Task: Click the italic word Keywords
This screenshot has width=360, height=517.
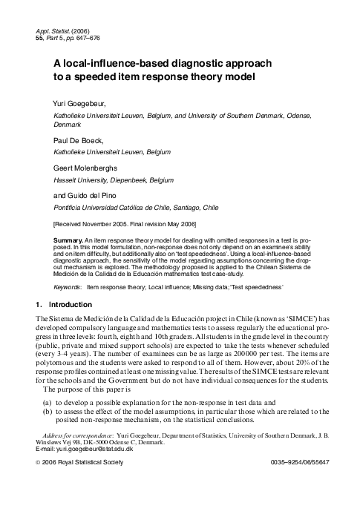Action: (69, 285)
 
